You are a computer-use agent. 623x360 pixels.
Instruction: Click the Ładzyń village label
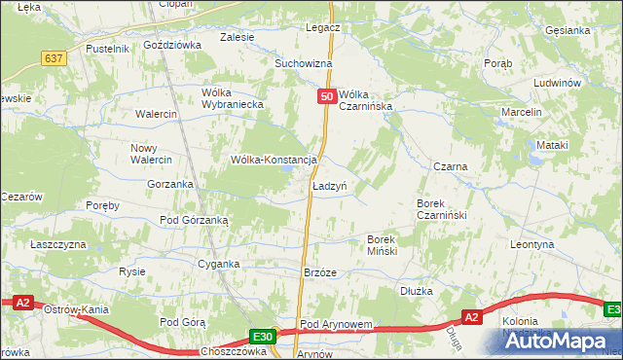(330, 185)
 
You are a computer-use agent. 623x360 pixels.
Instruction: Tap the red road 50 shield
(328, 96)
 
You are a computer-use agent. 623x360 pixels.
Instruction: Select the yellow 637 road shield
(54, 58)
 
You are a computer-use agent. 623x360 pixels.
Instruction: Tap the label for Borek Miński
(389, 244)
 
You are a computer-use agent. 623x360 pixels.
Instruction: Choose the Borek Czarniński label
(443, 209)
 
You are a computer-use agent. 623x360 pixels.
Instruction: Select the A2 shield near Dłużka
(471, 317)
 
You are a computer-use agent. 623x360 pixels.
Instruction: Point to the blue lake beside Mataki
(535, 155)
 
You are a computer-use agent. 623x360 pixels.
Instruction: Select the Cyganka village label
(218, 264)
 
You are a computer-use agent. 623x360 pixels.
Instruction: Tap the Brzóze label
(319, 273)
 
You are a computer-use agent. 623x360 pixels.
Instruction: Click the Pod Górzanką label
(194, 221)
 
